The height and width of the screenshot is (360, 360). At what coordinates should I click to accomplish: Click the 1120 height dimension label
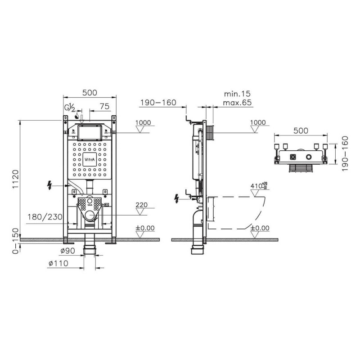tap(15, 179)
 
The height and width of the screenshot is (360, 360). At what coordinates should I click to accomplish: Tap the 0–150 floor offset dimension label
tap(15, 241)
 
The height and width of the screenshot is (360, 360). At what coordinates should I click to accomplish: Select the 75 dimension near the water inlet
tap(104, 106)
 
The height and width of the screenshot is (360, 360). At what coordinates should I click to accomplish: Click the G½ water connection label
tap(70, 107)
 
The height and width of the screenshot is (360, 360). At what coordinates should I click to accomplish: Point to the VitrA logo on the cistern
tap(90, 159)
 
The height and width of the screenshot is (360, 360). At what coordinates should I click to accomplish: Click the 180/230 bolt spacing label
tap(45, 217)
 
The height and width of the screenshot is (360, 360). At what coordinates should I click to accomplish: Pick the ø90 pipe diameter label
tap(68, 251)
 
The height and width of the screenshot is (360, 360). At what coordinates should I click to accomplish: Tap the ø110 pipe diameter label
tap(58, 263)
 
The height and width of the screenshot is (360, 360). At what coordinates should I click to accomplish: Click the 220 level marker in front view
tap(141, 205)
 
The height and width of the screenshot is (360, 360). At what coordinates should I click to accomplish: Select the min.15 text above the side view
tap(237, 94)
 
